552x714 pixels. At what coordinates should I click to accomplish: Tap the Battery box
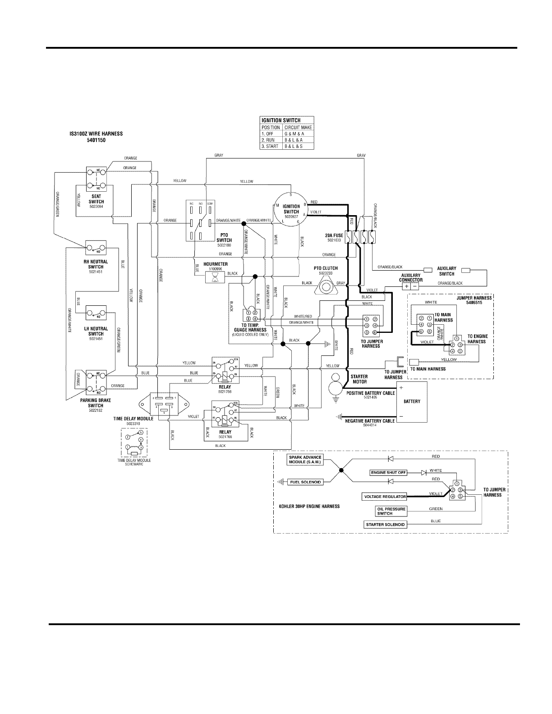tap(411, 401)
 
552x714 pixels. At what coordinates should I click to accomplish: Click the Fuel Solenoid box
tap(305, 482)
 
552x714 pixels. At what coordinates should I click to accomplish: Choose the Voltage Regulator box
tap(384, 497)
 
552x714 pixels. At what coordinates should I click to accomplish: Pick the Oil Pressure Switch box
tap(385, 511)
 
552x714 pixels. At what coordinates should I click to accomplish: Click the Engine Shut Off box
tap(388, 473)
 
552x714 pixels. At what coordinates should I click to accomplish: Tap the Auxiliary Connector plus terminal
tap(406, 286)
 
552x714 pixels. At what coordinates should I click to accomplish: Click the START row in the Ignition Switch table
tap(287, 147)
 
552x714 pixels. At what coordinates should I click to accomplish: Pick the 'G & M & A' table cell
tap(298, 134)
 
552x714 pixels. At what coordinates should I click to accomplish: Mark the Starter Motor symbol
tap(336, 384)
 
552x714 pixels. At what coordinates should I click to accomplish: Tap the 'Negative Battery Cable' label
tap(370, 421)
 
